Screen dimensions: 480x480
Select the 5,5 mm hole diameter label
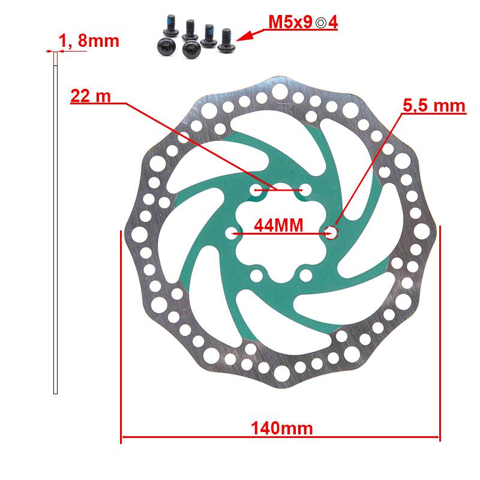point(434,106)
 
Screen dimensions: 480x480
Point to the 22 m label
point(91,96)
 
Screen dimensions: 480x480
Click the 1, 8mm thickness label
point(89,41)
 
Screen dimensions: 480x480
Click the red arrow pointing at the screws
point(252,31)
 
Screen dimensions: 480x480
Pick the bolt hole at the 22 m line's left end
point(255,190)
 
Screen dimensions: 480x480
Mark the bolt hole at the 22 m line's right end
point(306,190)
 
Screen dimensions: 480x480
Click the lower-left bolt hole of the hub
point(256,275)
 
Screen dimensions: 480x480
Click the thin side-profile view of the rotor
point(56,228)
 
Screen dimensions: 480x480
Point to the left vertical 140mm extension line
point(121,336)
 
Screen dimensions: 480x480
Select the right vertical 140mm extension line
point(440,336)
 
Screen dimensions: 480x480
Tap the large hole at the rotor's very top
point(281,91)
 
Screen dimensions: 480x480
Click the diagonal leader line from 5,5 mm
point(366,168)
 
